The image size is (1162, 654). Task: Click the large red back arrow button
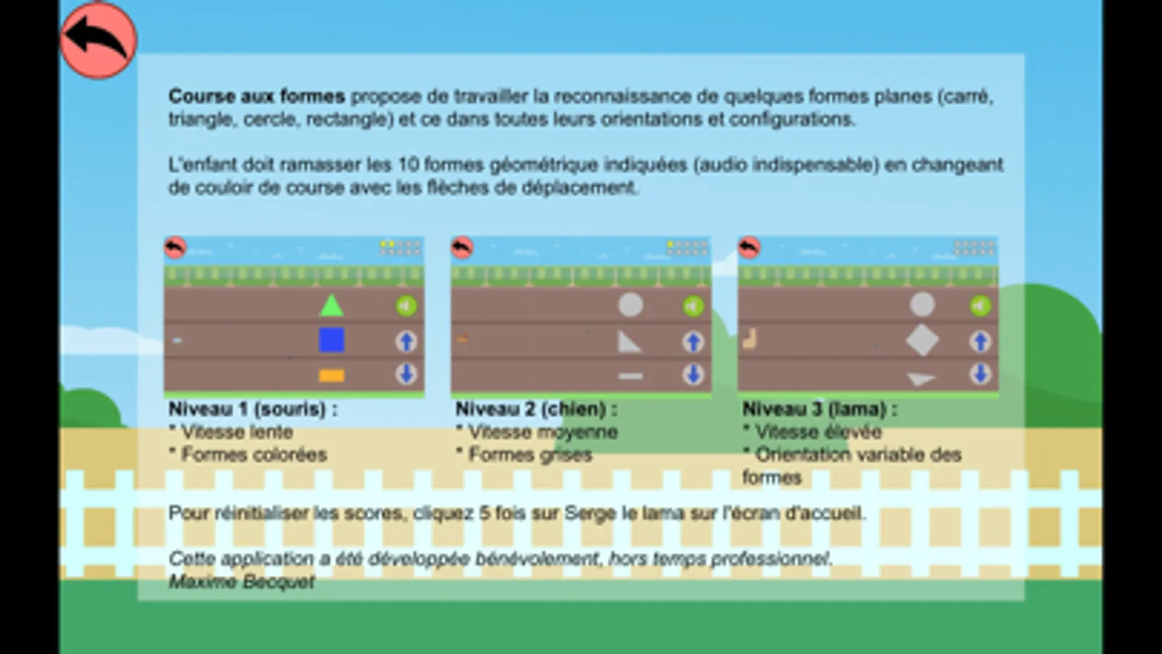(x=98, y=40)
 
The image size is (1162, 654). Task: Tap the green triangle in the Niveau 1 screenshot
(x=331, y=306)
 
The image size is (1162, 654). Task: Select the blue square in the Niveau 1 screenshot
(x=331, y=340)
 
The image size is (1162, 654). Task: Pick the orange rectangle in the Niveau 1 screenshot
(x=331, y=375)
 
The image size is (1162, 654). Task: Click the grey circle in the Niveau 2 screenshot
(x=630, y=305)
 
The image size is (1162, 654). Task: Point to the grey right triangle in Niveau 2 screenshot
(x=629, y=342)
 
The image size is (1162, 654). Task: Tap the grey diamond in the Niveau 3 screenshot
(x=921, y=340)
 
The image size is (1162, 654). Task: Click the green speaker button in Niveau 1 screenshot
(x=406, y=306)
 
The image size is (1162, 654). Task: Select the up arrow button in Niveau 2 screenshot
(x=693, y=341)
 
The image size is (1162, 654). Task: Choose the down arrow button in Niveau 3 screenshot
(x=980, y=374)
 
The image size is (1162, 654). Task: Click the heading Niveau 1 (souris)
(x=253, y=409)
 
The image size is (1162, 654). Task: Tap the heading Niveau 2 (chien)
(x=536, y=409)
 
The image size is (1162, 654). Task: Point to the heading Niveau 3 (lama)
(x=820, y=409)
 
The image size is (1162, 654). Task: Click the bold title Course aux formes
(x=257, y=96)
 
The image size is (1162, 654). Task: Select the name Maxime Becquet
(x=241, y=581)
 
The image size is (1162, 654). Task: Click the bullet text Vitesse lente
(x=237, y=432)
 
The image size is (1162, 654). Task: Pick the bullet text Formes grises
(x=530, y=455)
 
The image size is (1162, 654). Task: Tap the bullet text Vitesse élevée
(x=818, y=432)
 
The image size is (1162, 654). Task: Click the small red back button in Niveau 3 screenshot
(x=749, y=248)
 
